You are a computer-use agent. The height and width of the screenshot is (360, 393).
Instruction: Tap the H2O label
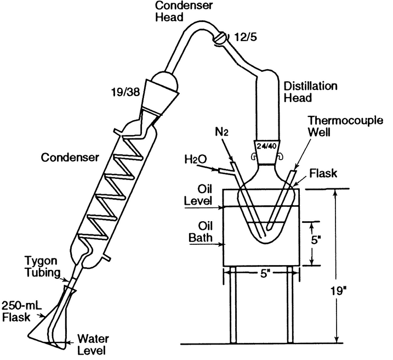(x=196, y=160)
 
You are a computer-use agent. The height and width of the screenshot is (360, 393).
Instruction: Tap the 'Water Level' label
(x=90, y=342)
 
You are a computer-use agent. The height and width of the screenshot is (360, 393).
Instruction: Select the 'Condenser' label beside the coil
(x=70, y=158)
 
